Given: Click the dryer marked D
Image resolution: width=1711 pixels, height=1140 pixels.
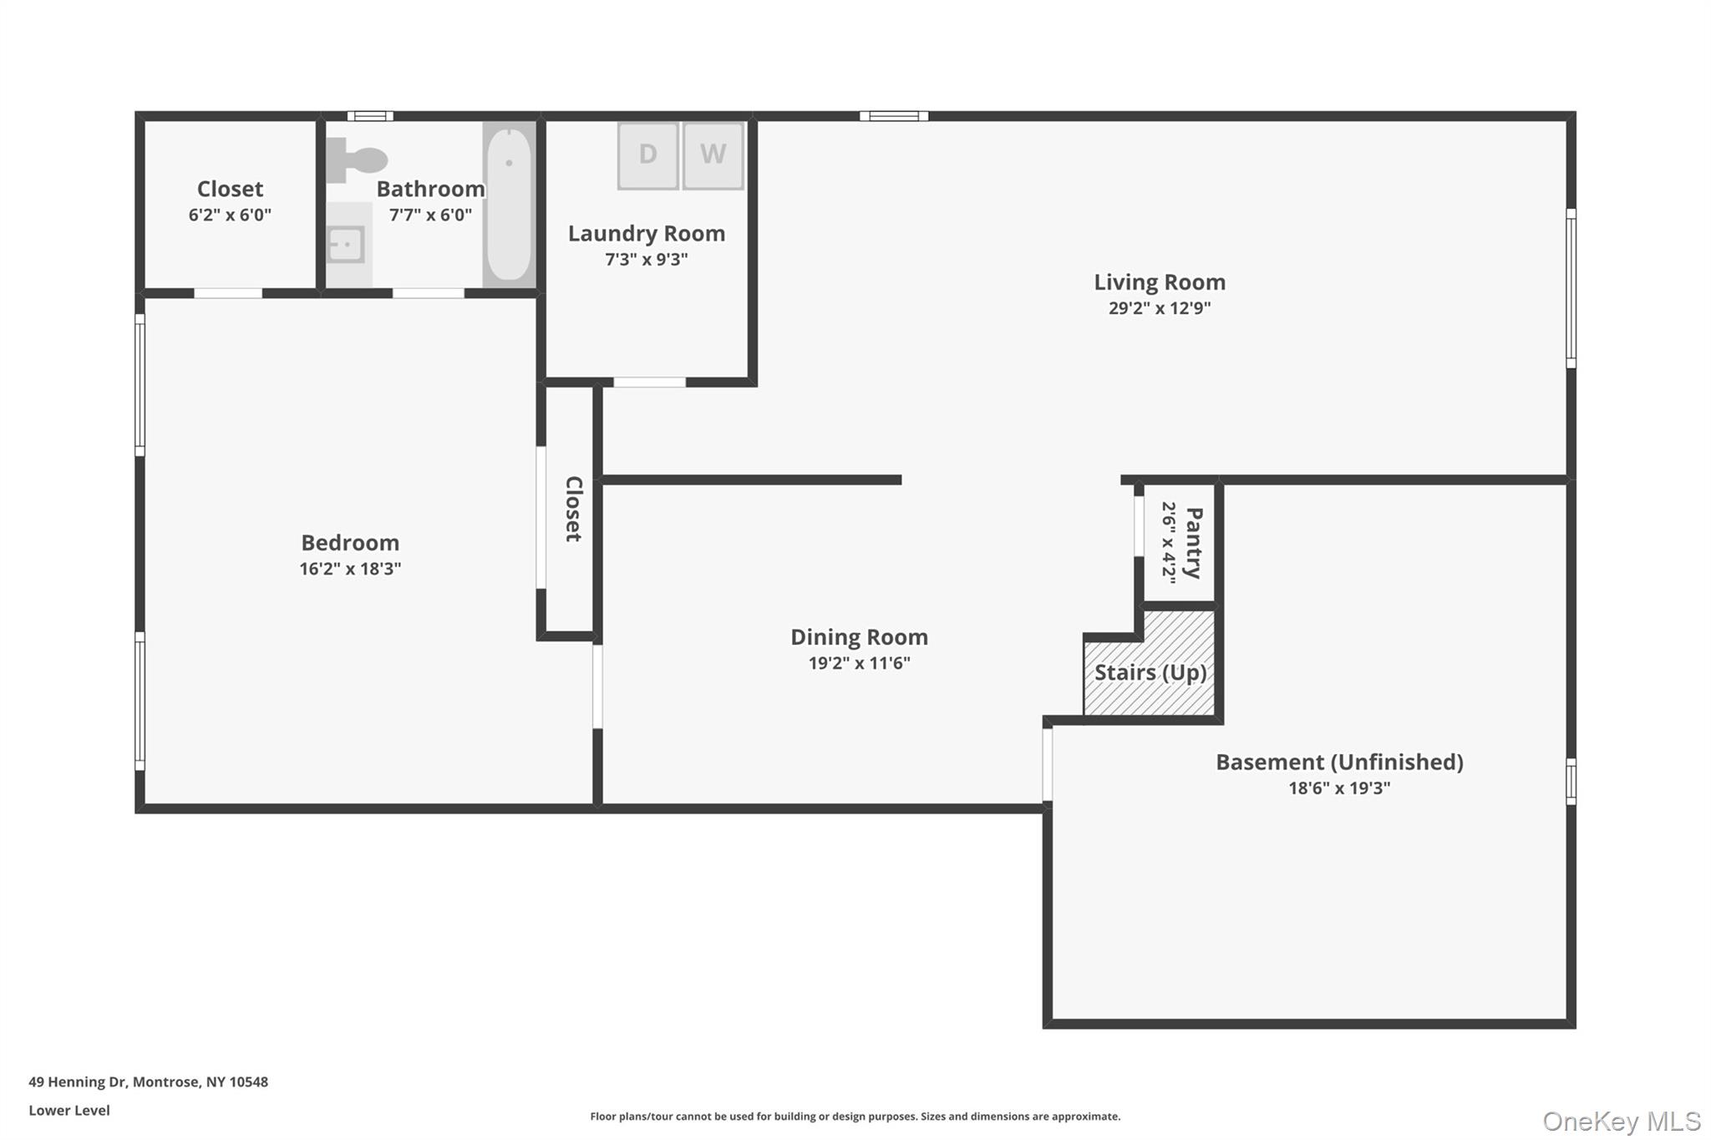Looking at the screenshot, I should tap(647, 155).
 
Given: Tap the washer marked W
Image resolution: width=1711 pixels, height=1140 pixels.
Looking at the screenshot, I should tap(713, 155).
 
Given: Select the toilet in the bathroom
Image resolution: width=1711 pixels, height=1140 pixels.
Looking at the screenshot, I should tap(358, 159).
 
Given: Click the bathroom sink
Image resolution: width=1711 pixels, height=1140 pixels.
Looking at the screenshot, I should tap(345, 245).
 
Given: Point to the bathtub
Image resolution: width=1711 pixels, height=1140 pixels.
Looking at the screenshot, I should tap(509, 205).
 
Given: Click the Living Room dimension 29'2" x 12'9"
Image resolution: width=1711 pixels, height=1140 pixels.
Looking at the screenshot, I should tap(1159, 308).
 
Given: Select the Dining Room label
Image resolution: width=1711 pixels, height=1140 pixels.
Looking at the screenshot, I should tap(859, 637).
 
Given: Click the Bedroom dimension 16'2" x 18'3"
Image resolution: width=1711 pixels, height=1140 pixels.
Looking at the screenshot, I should tap(350, 569).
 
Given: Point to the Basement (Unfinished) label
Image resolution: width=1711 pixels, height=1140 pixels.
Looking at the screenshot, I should tap(1338, 762).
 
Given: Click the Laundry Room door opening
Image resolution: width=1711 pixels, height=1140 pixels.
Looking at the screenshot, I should tap(650, 383).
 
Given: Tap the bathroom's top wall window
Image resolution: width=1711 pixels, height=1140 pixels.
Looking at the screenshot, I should tap(370, 116).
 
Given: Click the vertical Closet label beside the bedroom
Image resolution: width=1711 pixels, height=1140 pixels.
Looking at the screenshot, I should tap(573, 509).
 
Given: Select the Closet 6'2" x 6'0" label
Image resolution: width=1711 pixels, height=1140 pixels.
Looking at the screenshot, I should tap(230, 190).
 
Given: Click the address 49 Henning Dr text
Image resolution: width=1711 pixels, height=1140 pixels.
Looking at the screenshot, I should tap(148, 1082).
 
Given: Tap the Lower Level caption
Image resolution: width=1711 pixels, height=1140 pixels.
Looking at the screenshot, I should tap(69, 1110).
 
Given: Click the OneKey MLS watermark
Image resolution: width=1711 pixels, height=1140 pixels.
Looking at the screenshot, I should tap(1621, 1121).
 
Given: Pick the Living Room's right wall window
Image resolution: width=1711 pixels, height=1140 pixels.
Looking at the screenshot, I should tap(1571, 288).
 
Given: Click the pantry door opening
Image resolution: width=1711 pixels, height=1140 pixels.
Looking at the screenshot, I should tap(1139, 526).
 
